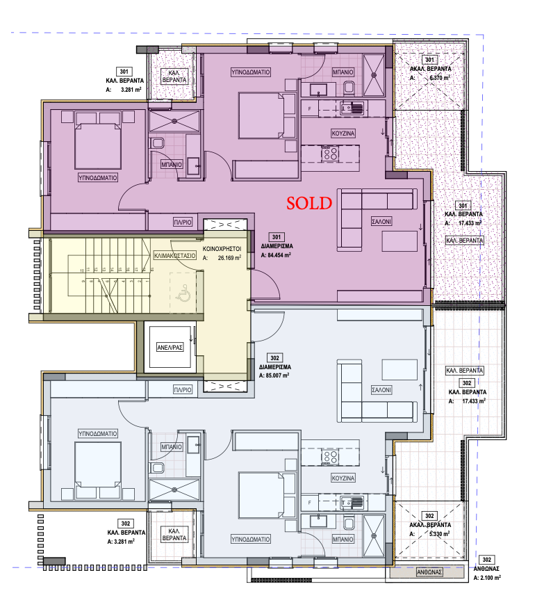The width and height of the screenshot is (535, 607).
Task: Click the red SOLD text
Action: [x=309, y=203]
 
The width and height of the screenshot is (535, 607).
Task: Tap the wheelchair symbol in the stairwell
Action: [x=183, y=293]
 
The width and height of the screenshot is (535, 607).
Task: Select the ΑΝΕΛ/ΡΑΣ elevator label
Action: [x=170, y=348]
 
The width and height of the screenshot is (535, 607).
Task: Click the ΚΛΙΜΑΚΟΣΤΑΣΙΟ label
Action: [x=175, y=256]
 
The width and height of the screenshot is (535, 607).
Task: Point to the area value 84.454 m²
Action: [x=279, y=255]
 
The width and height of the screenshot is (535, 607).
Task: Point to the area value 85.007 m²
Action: [x=277, y=375]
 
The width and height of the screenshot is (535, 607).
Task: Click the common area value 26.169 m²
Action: [x=229, y=258]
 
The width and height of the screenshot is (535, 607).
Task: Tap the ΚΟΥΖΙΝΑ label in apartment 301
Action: [x=343, y=133]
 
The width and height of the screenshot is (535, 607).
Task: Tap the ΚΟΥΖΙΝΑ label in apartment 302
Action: [x=343, y=478]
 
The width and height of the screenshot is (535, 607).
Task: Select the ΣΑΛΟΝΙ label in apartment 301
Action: [x=381, y=221]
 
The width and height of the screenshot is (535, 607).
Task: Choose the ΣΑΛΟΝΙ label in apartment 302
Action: [x=381, y=390]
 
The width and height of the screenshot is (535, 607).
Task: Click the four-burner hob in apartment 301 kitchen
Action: [x=330, y=153]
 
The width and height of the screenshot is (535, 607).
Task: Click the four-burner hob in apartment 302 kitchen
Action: [x=330, y=457]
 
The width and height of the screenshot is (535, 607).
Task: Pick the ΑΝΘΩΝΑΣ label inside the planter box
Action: [x=429, y=572]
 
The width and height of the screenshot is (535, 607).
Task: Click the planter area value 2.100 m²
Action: [x=491, y=578]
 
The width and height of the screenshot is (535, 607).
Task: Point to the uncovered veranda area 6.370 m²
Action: [x=440, y=78]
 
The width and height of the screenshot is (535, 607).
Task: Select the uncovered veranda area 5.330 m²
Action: [x=440, y=534]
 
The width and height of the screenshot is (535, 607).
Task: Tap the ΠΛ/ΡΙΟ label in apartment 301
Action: [x=183, y=222]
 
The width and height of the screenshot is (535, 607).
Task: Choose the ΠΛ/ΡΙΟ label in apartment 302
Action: [x=183, y=390]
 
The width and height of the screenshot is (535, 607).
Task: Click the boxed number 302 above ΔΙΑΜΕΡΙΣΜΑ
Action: [x=274, y=357]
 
